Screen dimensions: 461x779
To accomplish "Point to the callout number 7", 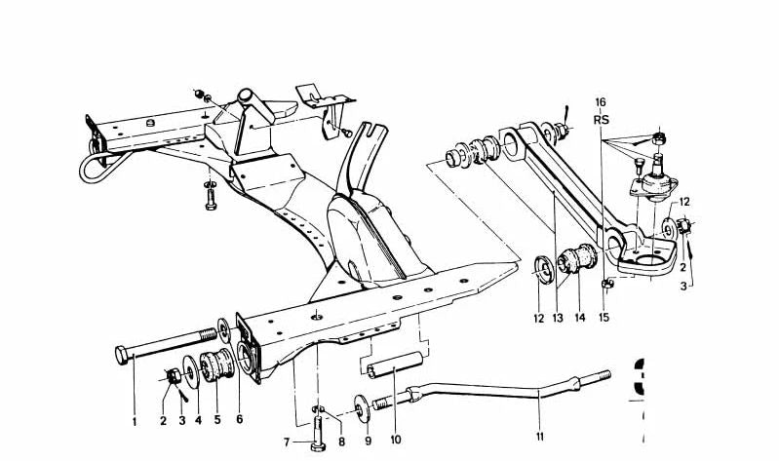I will coord(288,442).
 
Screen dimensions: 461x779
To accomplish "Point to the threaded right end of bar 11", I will coord(601,374).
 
